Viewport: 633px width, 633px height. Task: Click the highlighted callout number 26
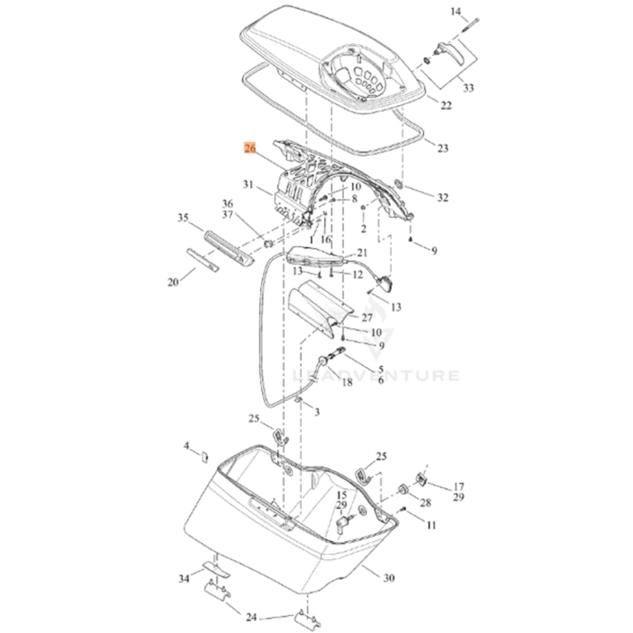click(x=250, y=148)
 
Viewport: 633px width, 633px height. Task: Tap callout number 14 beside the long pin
click(x=455, y=12)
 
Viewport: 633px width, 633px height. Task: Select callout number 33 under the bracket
click(x=468, y=88)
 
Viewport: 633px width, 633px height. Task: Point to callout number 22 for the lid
click(x=446, y=105)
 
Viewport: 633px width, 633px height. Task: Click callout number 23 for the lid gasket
click(x=443, y=148)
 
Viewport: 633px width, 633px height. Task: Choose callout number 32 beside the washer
click(x=443, y=197)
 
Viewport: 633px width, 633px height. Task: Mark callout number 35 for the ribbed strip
click(x=183, y=217)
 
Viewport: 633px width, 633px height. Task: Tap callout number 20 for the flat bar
click(x=173, y=282)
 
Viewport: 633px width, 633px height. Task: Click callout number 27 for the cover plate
click(x=367, y=317)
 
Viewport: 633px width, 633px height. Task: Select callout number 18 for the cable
click(x=347, y=382)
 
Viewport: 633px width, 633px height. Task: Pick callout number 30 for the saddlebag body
click(x=389, y=578)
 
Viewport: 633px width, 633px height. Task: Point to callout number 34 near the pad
click(x=184, y=579)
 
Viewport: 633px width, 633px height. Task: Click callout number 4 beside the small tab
click(x=186, y=445)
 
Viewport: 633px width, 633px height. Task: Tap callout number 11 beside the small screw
click(x=431, y=525)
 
